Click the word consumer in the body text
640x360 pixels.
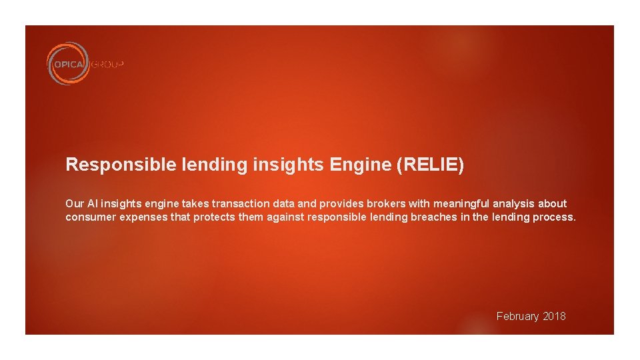tap(90, 217)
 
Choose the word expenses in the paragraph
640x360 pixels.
tap(143, 217)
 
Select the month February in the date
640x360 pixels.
tap(518, 316)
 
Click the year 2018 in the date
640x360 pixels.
tap(554, 316)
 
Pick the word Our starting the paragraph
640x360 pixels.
tap(74, 203)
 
